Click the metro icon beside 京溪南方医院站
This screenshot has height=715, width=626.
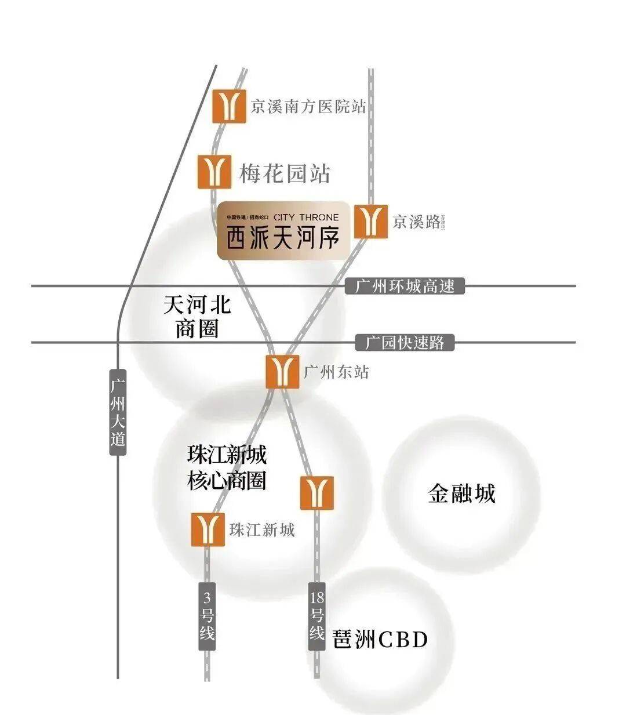(x=229, y=106)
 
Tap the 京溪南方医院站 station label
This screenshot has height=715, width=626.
(x=308, y=107)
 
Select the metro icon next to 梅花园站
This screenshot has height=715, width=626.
(x=214, y=171)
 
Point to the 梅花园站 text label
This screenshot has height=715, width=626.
(x=285, y=173)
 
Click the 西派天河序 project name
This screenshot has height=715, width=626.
(x=282, y=238)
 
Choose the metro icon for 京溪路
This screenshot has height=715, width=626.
(x=370, y=221)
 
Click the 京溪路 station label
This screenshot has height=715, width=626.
(x=416, y=222)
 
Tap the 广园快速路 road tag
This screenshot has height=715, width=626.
(x=405, y=342)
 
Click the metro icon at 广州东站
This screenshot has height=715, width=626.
(x=282, y=372)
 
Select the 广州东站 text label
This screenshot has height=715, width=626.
(x=336, y=372)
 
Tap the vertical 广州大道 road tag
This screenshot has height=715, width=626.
(x=118, y=412)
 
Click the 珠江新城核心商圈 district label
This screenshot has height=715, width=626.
(x=227, y=467)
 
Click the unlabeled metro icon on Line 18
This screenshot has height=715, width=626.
(x=317, y=493)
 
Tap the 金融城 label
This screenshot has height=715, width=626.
(x=461, y=494)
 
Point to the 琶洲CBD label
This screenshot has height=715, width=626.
(x=380, y=640)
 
